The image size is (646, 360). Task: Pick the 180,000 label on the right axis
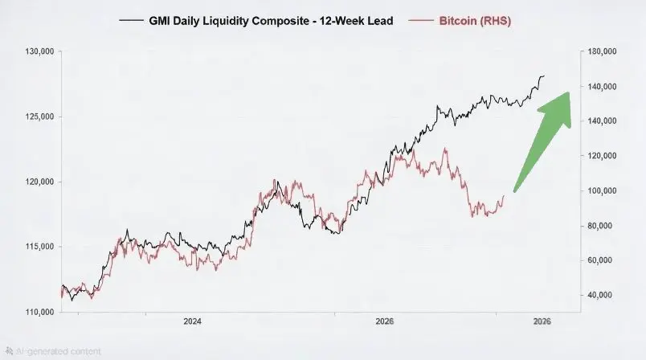602,51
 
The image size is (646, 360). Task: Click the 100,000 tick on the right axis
602,190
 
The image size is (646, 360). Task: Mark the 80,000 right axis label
602,226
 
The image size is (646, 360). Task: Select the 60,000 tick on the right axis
602,260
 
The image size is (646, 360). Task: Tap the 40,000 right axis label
602,295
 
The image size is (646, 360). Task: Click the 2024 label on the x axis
192,321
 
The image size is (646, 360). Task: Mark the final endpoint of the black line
544,76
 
